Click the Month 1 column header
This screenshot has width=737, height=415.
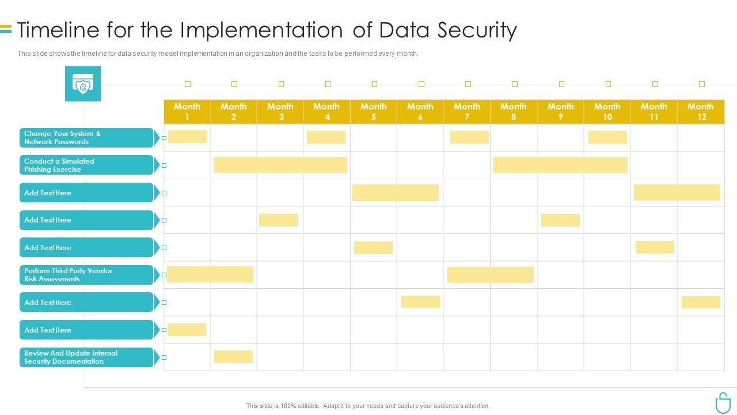pyautogui.click(x=187, y=111)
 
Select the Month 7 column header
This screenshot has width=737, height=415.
pyautogui.click(x=466, y=111)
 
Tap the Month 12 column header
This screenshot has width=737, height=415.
pyautogui.click(x=701, y=111)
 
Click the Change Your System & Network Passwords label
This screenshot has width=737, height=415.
pyautogui.click(x=86, y=138)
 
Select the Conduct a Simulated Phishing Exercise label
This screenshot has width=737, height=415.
pyautogui.click(x=86, y=165)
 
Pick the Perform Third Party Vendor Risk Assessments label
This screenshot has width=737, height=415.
pyautogui.click(x=86, y=275)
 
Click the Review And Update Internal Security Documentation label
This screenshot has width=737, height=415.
pyautogui.click(x=86, y=357)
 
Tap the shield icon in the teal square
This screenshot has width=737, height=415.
pyautogui.click(x=83, y=84)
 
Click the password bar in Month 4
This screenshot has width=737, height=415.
pyautogui.click(x=326, y=137)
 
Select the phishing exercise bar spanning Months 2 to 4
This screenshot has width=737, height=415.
pyautogui.click(x=280, y=165)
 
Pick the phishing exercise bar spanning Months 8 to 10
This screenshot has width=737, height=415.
pyautogui.click(x=560, y=165)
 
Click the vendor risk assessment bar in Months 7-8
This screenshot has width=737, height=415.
pyautogui.click(x=491, y=275)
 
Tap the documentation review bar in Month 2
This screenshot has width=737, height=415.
pyautogui.click(x=233, y=357)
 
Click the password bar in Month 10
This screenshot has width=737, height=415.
pyautogui.click(x=607, y=137)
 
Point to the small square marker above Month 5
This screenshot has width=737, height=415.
pyautogui.click(x=374, y=84)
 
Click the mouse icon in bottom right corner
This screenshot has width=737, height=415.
pyautogui.click(x=722, y=402)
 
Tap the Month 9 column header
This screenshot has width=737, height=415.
pyautogui.click(x=560, y=111)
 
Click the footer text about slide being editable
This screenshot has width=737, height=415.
pyautogui.click(x=368, y=406)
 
